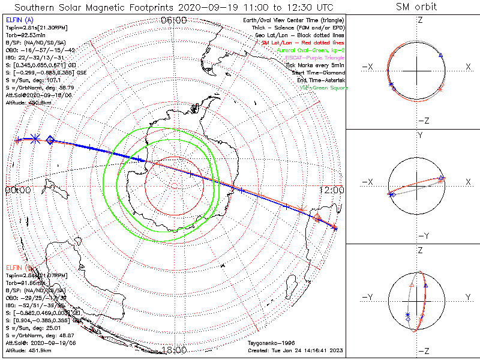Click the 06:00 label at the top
pyautogui.click(x=174, y=20)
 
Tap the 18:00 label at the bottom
pyautogui.click(x=174, y=350)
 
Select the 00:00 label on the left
pyautogui.click(x=18, y=190)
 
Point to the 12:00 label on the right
pyautogui.click(x=331, y=190)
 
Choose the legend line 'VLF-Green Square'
pyautogui.click(x=324, y=88)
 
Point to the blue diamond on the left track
pyautogui.click(x=50, y=139)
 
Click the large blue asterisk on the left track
pyautogui.click(x=35, y=138)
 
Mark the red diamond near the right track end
pyautogui.click(x=317, y=218)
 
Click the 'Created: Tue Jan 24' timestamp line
pyautogui.click(x=294, y=350)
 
